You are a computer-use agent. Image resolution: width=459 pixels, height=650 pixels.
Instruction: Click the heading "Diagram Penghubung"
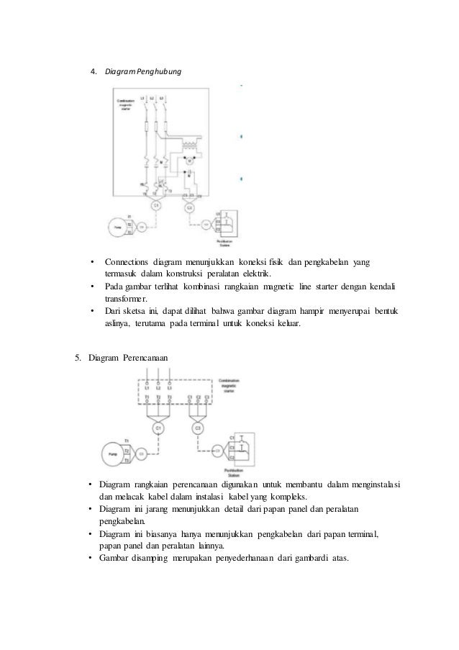(x=143, y=73)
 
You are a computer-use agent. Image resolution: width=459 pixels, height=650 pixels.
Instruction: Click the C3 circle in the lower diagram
(x=199, y=429)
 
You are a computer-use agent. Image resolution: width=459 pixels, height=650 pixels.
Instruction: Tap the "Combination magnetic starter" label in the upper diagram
(x=126, y=104)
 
